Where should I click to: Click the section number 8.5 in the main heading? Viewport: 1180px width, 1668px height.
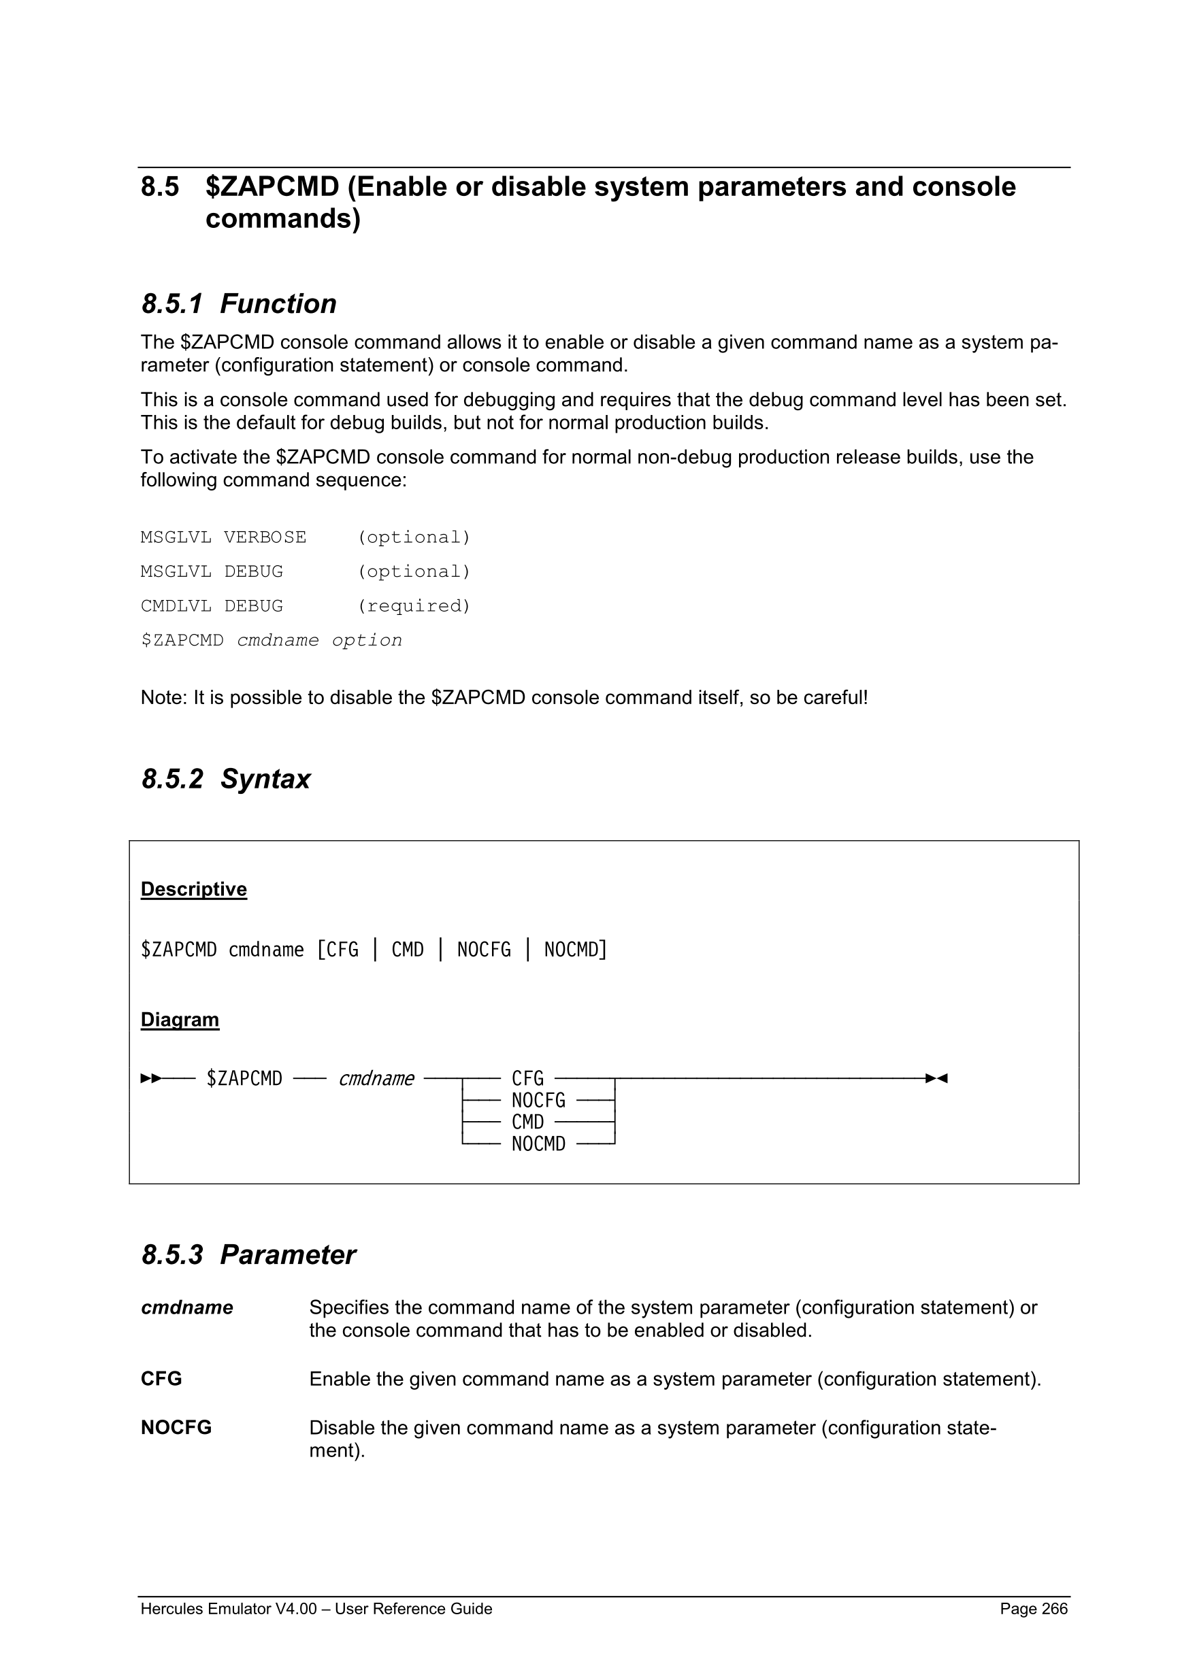tap(160, 188)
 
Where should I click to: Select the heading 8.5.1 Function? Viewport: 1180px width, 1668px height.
tap(238, 303)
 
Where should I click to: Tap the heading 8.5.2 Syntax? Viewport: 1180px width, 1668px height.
tap(225, 779)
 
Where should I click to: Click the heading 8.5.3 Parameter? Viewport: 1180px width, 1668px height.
tap(248, 1254)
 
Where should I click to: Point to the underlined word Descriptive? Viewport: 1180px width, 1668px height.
tap(193, 889)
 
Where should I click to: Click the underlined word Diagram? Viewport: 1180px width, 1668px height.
tap(180, 1019)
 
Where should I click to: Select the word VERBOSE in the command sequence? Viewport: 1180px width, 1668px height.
tap(265, 537)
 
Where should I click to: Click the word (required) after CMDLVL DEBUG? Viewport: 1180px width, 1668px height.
tap(414, 606)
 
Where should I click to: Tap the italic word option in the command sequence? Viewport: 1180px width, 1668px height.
tap(367, 640)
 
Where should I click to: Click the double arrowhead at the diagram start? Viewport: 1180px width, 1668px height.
tap(151, 1079)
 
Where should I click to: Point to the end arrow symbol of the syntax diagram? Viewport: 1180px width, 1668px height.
tap(936, 1079)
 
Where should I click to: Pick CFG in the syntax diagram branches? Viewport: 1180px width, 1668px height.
tap(527, 1079)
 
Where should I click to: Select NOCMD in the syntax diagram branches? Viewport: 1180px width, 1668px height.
tap(538, 1144)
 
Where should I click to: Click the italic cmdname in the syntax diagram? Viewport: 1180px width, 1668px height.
tap(376, 1079)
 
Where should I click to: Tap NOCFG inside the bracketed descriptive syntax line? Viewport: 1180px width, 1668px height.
tap(484, 950)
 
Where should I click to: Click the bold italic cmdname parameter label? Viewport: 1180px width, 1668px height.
tap(186, 1307)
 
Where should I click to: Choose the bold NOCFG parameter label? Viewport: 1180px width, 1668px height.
tap(176, 1428)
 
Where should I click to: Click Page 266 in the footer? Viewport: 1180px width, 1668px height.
tap(1033, 1608)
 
